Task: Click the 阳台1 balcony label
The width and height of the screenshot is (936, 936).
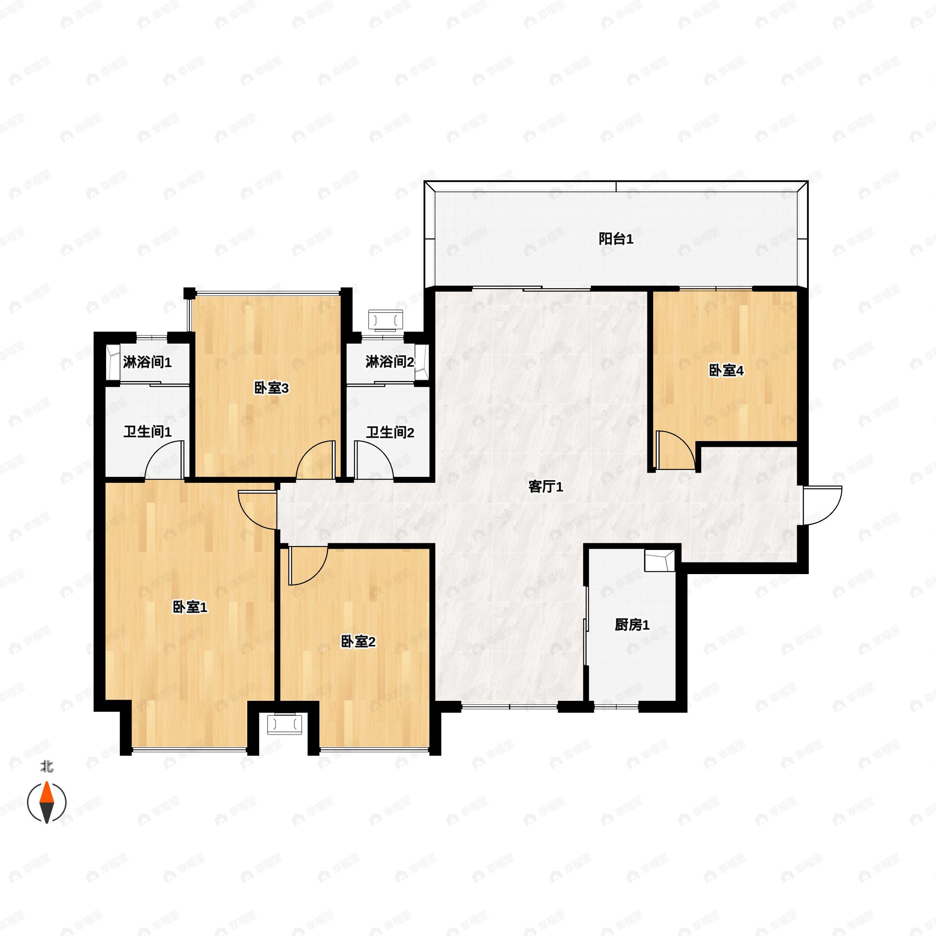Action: [616, 239]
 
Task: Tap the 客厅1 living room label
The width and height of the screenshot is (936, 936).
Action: [546, 486]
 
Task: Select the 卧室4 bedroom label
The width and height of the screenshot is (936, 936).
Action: [726, 370]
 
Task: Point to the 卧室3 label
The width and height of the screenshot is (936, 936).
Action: [271, 388]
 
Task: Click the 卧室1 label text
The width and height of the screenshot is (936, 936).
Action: [190, 607]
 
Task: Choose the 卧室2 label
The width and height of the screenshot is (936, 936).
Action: [358, 642]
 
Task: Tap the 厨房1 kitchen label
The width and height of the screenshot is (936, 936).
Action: [632, 625]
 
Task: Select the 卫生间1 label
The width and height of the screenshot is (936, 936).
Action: [147, 432]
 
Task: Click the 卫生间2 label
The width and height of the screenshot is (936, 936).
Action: [390, 432]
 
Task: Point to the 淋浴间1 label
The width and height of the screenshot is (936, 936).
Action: [147, 362]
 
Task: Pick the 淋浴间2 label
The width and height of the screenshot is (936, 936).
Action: [390, 362]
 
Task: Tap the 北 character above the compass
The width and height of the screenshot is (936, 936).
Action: [46, 766]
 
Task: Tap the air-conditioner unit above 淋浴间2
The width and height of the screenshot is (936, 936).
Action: [386, 319]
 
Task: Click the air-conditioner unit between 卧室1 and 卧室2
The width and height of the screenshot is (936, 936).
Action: [284, 724]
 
